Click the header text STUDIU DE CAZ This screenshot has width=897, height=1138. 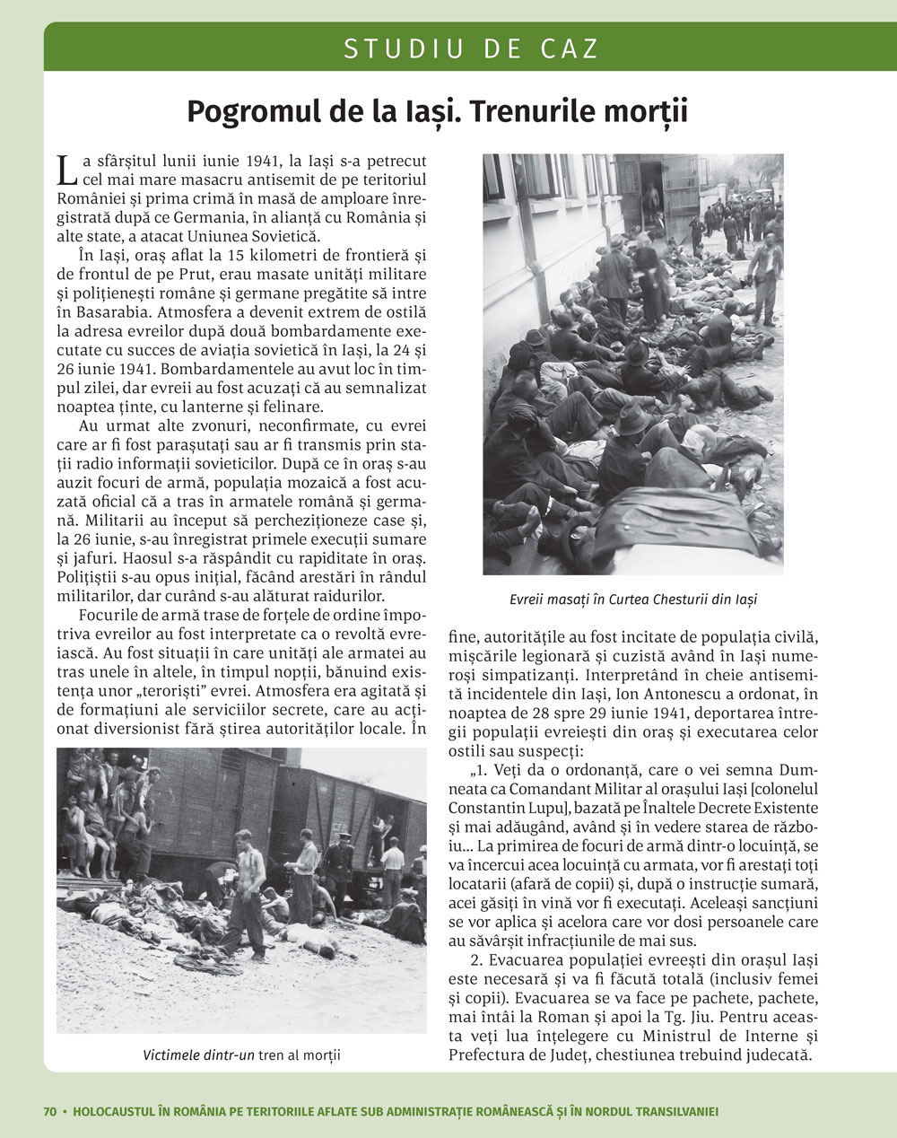tap(470, 48)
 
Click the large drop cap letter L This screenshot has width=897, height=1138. tap(65, 169)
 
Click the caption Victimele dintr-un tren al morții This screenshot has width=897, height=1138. tap(241, 1055)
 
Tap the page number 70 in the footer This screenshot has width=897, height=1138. tap(50, 1111)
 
